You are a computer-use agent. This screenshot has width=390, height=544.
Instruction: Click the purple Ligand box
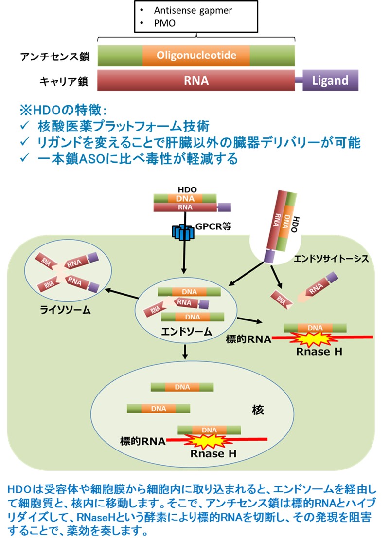(330, 80)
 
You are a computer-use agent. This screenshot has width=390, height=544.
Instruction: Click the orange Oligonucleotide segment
(196, 56)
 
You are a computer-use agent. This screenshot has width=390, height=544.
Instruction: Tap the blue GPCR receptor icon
(183, 232)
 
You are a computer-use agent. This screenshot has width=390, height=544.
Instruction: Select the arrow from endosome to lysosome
(120, 295)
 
